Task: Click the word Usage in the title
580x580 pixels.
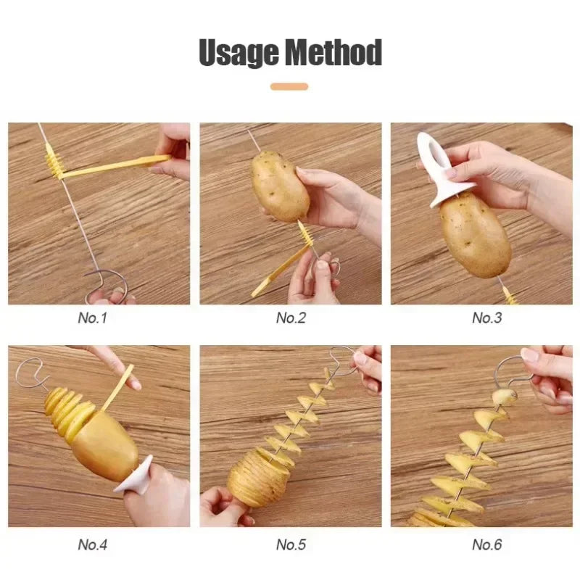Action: (x=239, y=53)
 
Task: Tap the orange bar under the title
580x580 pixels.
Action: (x=289, y=86)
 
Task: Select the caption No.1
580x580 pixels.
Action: (x=92, y=318)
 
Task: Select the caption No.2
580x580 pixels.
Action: (x=291, y=318)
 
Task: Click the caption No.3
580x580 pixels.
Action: (x=486, y=318)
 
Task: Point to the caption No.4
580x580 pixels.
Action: (x=92, y=544)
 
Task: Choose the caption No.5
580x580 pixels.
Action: (x=291, y=544)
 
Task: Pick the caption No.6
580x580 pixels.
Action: (x=486, y=544)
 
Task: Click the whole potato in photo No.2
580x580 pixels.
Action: (x=280, y=186)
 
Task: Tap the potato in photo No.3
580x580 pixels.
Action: (x=475, y=234)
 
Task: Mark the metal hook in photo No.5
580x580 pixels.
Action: (x=341, y=357)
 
